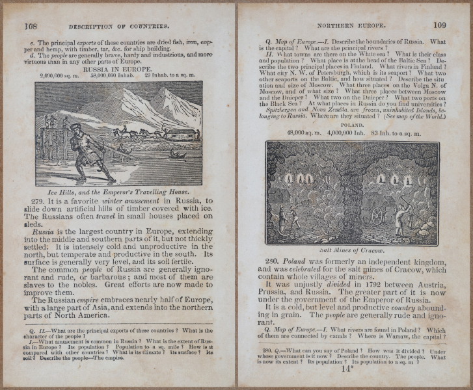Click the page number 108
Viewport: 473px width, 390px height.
[x=30, y=26]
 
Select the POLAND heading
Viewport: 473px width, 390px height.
[x=352, y=124]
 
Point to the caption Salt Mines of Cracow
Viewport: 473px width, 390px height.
[x=352, y=250]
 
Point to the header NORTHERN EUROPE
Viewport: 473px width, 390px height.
[x=351, y=26]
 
